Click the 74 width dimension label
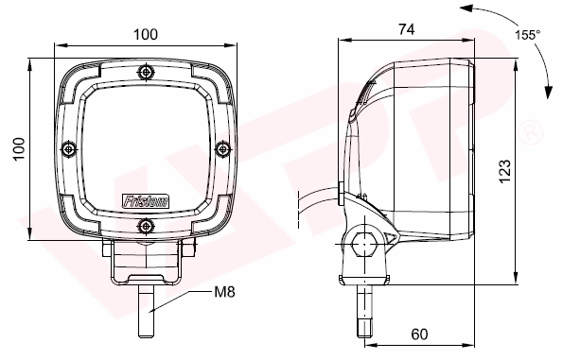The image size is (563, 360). [x=407, y=29]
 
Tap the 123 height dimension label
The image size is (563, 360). [x=505, y=171]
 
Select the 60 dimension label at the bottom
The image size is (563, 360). [x=419, y=334]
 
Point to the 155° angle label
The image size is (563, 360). [x=527, y=35]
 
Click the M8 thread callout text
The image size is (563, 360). [x=224, y=292]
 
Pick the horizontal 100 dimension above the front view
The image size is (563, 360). [x=146, y=34]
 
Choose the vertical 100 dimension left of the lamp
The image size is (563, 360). [x=19, y=148]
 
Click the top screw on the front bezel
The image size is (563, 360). [x=146, y=72]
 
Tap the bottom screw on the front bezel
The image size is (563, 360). [x=146, y=226]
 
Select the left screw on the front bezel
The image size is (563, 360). [x=69, y=148]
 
